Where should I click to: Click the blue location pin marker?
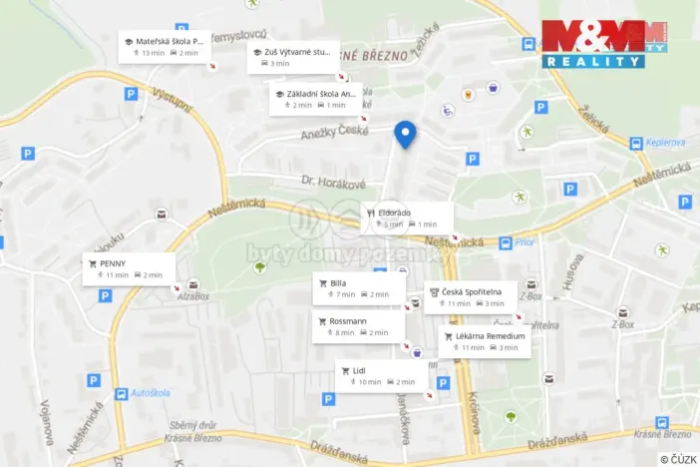tap(405, 134)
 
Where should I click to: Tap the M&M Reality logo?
tap(605, 44)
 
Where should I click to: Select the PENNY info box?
tap(130, 268)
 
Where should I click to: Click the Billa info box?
tap(359, 288)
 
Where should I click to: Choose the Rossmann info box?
tap(358, 326)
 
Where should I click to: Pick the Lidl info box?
tap(381, 376)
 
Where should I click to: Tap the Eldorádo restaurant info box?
tap(407, 218)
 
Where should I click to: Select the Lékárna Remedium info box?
tap(484, 341)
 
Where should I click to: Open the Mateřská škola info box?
tap(165, 46)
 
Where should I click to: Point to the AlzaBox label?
tap(193, 295)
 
